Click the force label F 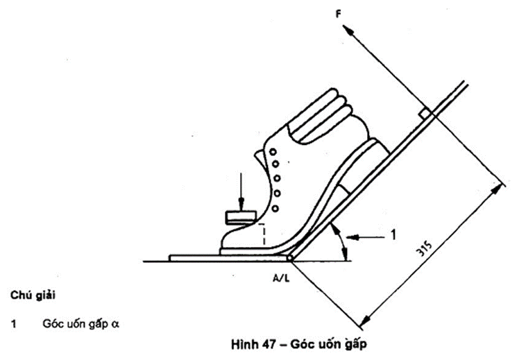[x=339, y=15]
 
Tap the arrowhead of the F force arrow [x=347, y=30]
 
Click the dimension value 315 [x=424, y=249]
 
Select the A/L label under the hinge [x=281, y=278]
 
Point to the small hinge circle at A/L [x=289, y=258]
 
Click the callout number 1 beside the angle [x=393, y=235]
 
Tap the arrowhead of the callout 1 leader [x=352, y=237]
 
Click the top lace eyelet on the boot [x=273, y=152]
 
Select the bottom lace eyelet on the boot [x=275, y=209]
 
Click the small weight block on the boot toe [x=241, y=217]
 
